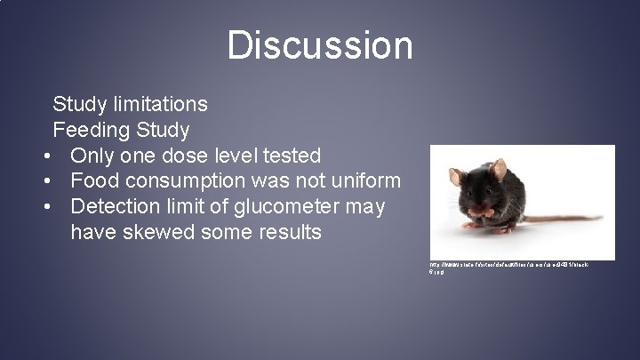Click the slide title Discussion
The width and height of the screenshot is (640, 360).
click(x=320, y=45)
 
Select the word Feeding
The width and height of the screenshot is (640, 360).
click(x=90, y=130)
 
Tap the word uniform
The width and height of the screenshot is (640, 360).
click(x=364, y=181)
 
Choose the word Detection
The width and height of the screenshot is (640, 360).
click(x=114, y=207)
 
